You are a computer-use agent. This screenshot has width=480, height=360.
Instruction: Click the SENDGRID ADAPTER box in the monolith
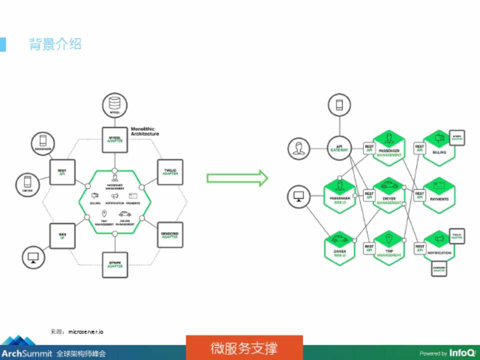coord(170,235)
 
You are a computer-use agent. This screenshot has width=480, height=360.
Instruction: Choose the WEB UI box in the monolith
coord(62,235)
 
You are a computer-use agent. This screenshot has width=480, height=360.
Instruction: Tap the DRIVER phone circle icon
coord(28,184)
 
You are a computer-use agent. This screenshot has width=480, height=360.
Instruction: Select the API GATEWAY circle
coord(339,149)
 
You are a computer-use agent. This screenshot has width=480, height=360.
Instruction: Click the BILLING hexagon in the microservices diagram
coord(439,148)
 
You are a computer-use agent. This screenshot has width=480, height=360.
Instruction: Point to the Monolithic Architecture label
coord(145,131)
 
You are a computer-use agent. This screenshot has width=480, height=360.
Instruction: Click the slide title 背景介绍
coord(55,44)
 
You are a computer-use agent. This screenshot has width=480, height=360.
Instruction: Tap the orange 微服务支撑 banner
coord(244,347)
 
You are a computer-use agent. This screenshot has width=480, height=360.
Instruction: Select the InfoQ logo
coord(461,352)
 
